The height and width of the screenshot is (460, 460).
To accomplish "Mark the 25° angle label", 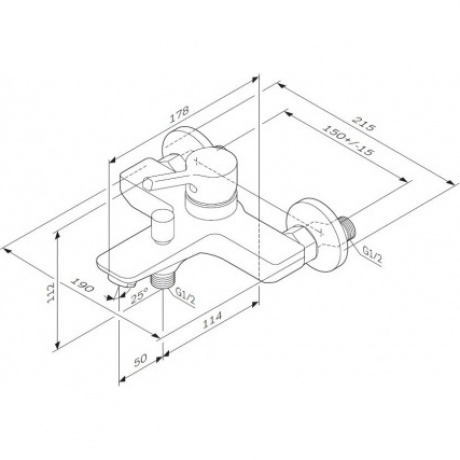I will pos(141,293).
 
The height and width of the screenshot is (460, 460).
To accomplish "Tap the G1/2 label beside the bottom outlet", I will pos(184,297).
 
